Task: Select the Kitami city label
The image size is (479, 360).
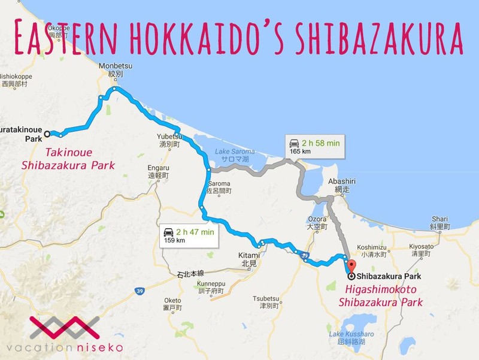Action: (248, 259)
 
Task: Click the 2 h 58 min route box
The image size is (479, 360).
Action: (315, 146)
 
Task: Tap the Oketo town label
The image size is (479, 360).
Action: (173, 304)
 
